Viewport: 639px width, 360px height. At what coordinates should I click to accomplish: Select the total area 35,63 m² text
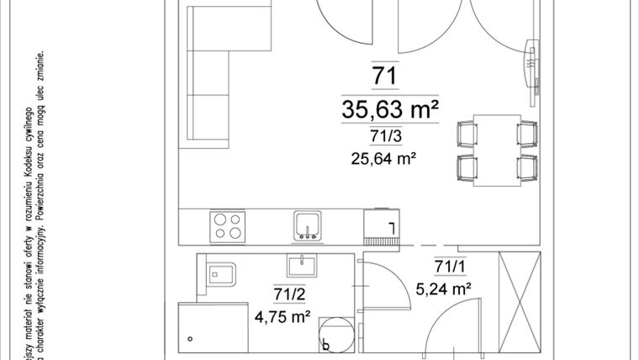click(393, 109)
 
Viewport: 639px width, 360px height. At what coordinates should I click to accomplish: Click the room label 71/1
click(450, 267)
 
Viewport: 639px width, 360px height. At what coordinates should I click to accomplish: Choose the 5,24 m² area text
click(443, 289)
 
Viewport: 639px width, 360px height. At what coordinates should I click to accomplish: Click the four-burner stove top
click(229, 226)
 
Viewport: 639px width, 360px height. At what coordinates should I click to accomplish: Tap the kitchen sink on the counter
click(307, 225)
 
